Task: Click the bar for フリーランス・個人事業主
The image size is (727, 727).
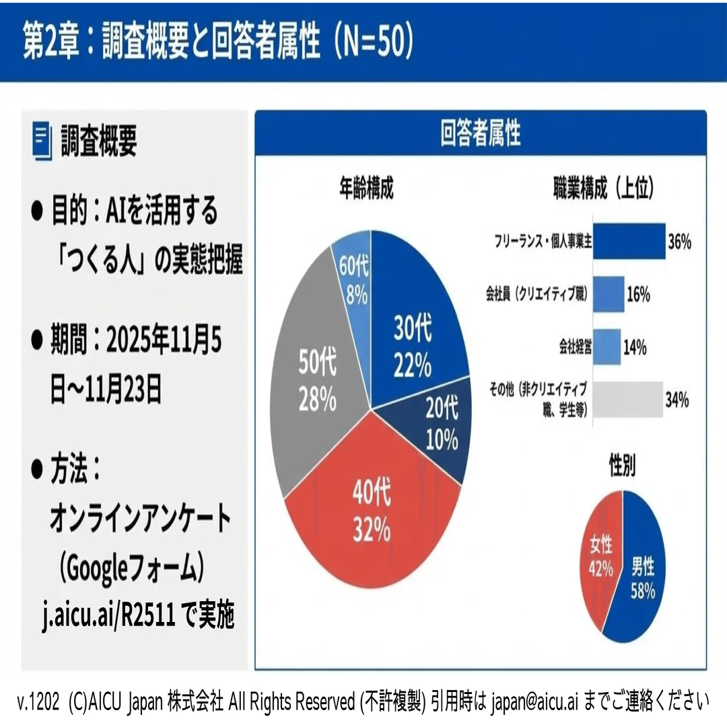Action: [628, 242]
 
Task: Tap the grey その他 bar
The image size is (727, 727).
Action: [627, 400]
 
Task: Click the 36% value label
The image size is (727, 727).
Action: [679, 242]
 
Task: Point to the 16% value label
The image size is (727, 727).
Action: [637, 294]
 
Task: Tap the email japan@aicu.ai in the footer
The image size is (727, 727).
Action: [534, 702]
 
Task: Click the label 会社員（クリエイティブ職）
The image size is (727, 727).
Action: [537, 294]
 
